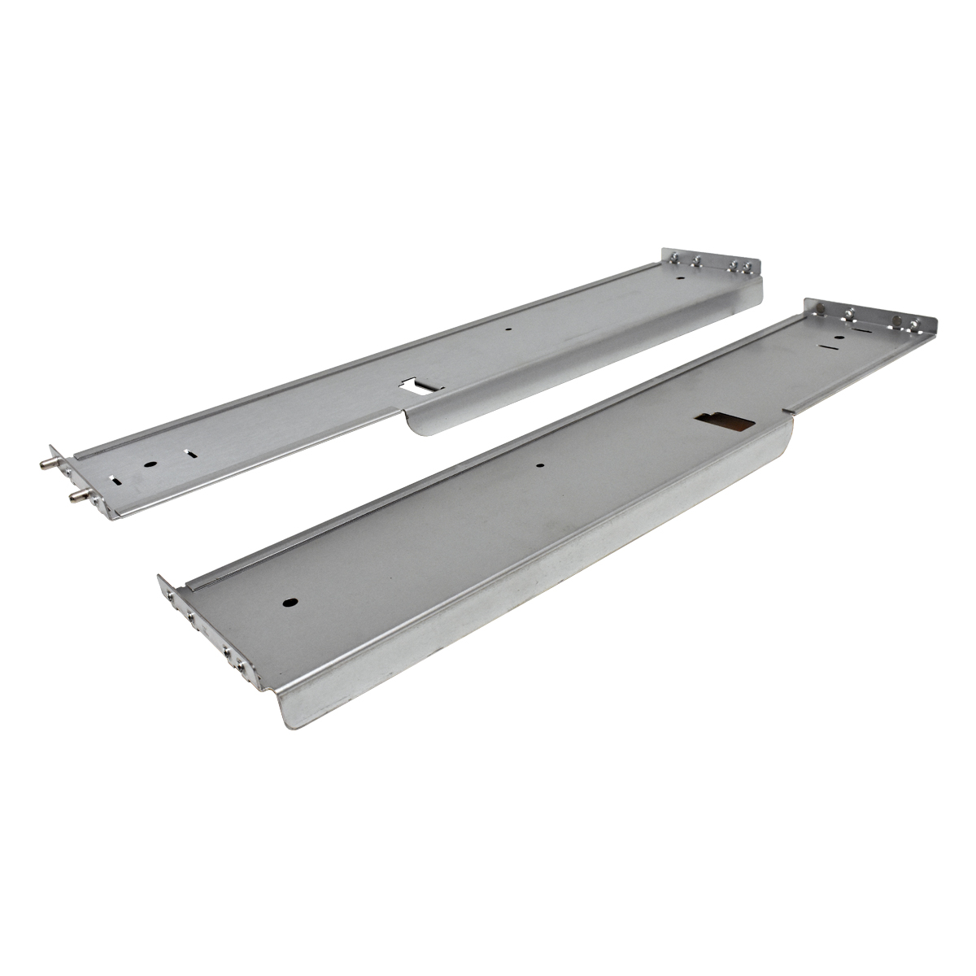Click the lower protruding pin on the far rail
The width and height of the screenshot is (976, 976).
point(72,494)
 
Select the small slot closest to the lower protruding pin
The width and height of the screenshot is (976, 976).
point(120,480)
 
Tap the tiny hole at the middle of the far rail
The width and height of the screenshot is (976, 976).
point(508,330)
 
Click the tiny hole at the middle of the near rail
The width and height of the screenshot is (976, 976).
point(541,467)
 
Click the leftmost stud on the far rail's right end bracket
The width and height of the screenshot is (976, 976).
point(677,259)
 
